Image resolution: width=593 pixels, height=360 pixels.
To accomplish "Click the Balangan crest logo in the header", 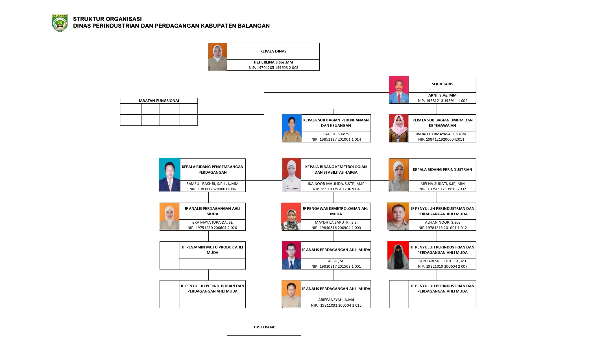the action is point(60,23).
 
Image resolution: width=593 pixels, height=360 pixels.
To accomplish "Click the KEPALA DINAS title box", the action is point(273,51).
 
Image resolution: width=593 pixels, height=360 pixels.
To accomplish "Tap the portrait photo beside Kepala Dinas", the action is point(218,56).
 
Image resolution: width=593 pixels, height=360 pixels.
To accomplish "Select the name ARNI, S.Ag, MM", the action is point(442,95).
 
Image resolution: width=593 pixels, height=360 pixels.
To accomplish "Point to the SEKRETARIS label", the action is point(442,84).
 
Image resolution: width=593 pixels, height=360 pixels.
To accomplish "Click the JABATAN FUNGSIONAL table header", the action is point(159,101).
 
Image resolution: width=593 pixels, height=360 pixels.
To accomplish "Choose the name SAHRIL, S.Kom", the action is point(336,134).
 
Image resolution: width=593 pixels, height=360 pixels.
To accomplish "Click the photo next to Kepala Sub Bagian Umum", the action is point(399,128).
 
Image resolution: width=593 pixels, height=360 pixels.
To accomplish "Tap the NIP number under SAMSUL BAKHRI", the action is point(213,189).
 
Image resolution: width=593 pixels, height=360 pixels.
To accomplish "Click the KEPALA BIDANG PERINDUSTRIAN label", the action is point(442,170).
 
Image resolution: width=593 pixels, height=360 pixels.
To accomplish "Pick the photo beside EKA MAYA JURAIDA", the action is point(169,216).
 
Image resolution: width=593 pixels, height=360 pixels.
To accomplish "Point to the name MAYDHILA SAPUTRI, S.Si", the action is point(336,222).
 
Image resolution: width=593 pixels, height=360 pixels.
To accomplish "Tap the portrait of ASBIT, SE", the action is point(291,255).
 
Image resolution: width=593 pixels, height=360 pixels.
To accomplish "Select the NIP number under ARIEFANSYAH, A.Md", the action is point(336,306).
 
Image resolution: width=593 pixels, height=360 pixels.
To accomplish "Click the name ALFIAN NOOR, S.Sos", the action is point(442,222).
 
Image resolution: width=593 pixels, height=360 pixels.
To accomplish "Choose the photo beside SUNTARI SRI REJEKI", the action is point(398,255).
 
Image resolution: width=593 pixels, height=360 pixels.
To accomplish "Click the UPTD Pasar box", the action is point(264,327).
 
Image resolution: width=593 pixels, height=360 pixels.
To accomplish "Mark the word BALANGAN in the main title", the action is point(254,26).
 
